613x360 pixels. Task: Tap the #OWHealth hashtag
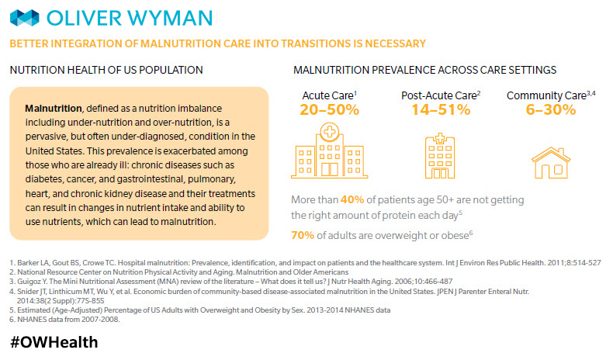[x=54, y=341]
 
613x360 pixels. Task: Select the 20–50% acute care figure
[x=330, y=109]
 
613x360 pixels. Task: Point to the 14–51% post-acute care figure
[x=441, y=109]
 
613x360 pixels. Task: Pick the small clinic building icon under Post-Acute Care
[x=440, y=157]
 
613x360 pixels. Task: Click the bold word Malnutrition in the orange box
[x=54, y=106]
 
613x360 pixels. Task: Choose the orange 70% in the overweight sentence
[x=303, y=236]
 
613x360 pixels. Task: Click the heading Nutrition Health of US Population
[x=106, y=70]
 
